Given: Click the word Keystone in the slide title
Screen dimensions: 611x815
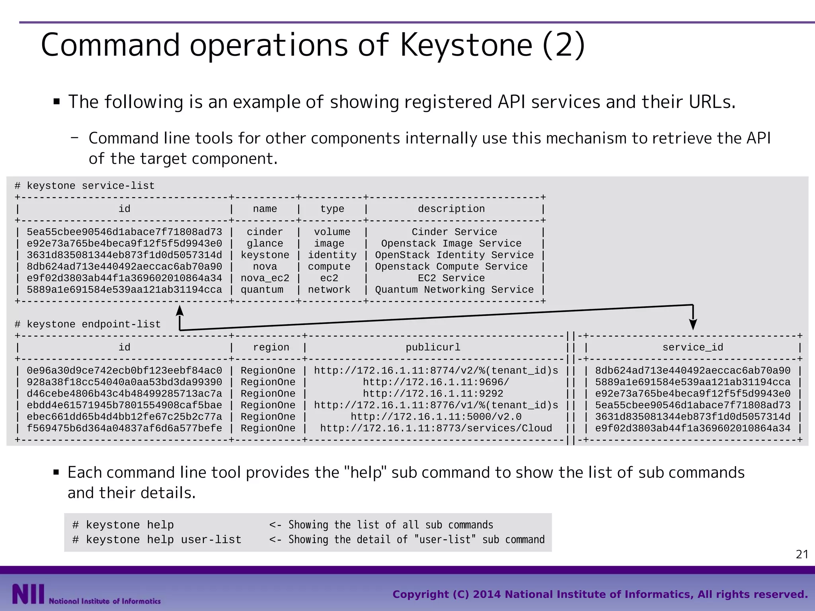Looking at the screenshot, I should [x=466, y=45].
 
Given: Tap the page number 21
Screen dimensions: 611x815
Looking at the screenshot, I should [x=802, y=554].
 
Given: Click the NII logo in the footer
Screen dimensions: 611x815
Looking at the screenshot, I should [x=28, y=594].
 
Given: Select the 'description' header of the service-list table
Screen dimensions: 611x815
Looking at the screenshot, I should [x=451, y=209].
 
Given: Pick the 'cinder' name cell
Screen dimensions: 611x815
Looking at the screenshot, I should [x=265, y=232].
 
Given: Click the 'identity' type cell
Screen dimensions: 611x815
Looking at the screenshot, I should [x=332, y=255].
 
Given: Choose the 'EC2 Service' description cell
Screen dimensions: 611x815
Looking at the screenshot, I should [x=451, y=278].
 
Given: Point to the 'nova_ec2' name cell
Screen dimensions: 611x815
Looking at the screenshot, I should [x=265, y=278].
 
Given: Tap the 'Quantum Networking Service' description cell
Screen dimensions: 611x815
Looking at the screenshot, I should [x=454, y=290].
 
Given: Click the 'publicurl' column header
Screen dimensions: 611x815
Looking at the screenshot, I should [x=433, y=347].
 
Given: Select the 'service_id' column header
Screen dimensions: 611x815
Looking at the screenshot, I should [x=692, y=347].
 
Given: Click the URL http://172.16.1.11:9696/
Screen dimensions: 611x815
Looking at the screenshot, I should [x=436, y=382].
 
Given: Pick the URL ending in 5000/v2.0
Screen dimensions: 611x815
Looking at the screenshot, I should [x=436, y=417].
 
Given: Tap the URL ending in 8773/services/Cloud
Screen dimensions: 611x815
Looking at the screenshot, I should [x=436, y=428].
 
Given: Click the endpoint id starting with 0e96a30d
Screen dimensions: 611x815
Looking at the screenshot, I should [x=124, y=371].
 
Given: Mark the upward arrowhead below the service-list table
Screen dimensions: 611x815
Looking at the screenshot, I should [x=180, y=311].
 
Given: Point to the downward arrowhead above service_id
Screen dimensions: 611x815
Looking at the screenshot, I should [x=693, y=324].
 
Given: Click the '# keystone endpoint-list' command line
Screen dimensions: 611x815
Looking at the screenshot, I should [x=88, y=325].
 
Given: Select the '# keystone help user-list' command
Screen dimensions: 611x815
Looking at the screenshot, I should [x=157, y=540].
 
